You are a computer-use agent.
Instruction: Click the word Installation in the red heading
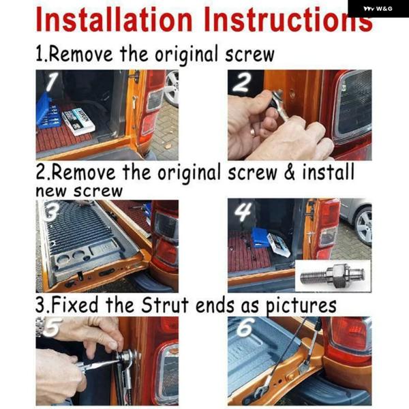click(114, 20)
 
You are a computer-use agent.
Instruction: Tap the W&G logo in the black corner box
click(378, 9)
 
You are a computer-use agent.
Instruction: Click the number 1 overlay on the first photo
click(52, 82)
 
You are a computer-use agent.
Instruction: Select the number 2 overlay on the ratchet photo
click(242, 82)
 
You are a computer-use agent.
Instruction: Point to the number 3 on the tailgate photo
click(52, 211)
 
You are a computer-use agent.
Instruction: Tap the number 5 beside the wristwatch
click(52, 327)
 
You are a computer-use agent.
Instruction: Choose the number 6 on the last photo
click(245, 327)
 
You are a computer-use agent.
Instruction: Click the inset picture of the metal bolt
click(333, 276)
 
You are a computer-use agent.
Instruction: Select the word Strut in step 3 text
click(164, 305)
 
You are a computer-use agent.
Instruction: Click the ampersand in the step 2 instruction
click(289, 172)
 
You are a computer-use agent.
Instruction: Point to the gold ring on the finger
click(253, 132)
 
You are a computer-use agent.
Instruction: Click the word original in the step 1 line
click(187, 55)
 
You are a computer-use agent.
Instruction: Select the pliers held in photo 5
click(97, 365)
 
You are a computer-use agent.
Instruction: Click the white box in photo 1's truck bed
click(78, 121)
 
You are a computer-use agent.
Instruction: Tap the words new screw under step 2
click(79, 191)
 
